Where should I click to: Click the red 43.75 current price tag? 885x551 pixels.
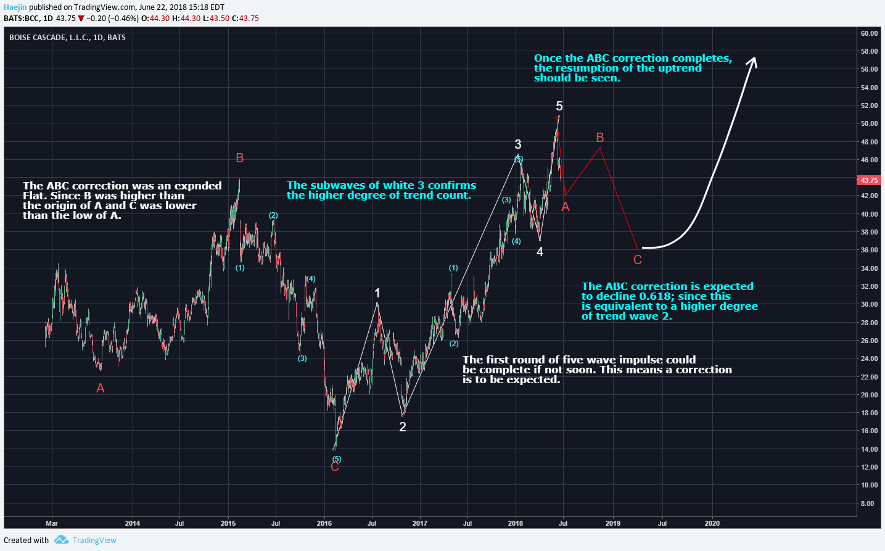[869, 180]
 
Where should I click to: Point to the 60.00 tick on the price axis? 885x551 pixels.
[869, 33]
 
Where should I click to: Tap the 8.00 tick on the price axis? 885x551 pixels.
[867, 503]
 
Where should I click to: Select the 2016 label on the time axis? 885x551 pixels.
[324, 523]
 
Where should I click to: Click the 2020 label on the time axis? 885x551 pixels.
[712, 523]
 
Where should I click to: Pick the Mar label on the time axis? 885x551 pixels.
[52, 523]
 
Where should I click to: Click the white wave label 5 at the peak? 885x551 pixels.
[559, 106]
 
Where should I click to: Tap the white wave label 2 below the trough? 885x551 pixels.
[403, 426]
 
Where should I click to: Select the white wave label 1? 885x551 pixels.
[377, 293]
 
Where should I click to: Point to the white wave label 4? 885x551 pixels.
[540, 251]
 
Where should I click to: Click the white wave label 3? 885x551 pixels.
[518, 144]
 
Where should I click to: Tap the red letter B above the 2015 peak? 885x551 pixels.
[240, 158]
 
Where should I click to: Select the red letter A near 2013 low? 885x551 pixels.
[101, 388]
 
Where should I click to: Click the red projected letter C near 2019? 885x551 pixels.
[638, 260]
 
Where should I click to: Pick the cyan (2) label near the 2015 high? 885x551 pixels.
[273, 215]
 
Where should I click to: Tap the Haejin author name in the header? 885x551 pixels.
[15, 7]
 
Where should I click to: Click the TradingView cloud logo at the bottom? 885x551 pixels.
[61, 540]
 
